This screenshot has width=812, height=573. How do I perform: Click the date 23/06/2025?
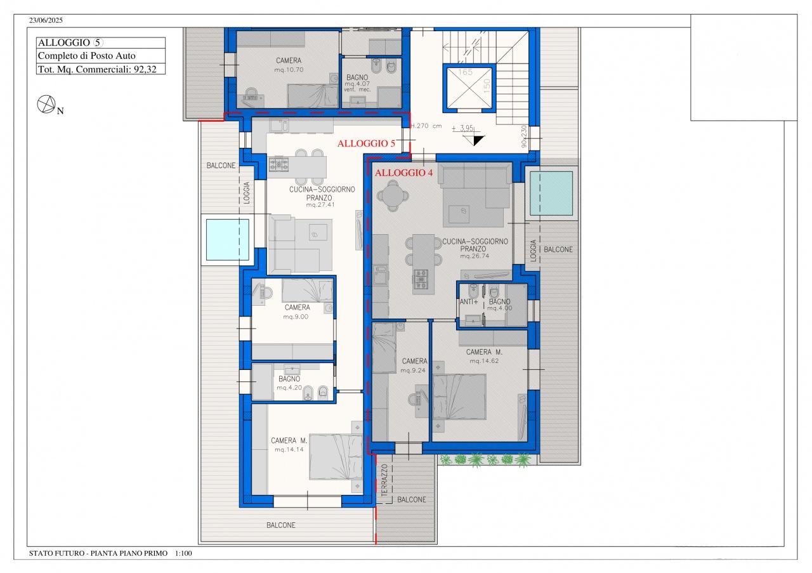pos(46,20)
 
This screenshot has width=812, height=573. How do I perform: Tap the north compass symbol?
pos(46,104)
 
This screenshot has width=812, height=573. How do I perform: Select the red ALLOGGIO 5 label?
pos(366,143)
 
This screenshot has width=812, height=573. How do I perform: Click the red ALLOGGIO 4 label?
pos(403,173)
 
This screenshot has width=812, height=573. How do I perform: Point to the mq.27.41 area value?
pos(320,204)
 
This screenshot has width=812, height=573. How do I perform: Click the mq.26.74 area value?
pos(475,256)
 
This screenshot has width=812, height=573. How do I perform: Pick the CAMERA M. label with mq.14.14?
pos(289,440)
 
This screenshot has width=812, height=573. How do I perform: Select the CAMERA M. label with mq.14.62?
pos(484,352)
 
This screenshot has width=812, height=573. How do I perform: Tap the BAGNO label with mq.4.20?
pos(289,379)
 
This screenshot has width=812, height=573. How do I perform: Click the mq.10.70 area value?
pos(289,70)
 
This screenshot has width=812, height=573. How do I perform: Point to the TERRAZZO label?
pos(384,480)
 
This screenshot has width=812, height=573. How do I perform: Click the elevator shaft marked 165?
pos(469,88)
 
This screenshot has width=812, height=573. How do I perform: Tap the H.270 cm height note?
pos(426,126)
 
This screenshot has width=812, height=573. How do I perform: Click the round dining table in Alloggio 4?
pos(393,195)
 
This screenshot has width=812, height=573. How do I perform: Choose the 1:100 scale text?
pos(183,553)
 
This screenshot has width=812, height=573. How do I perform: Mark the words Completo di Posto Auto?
pos(87,55)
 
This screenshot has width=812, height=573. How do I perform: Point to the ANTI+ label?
pos(469,301)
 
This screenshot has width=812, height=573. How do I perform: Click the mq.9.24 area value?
pos(413,371)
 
